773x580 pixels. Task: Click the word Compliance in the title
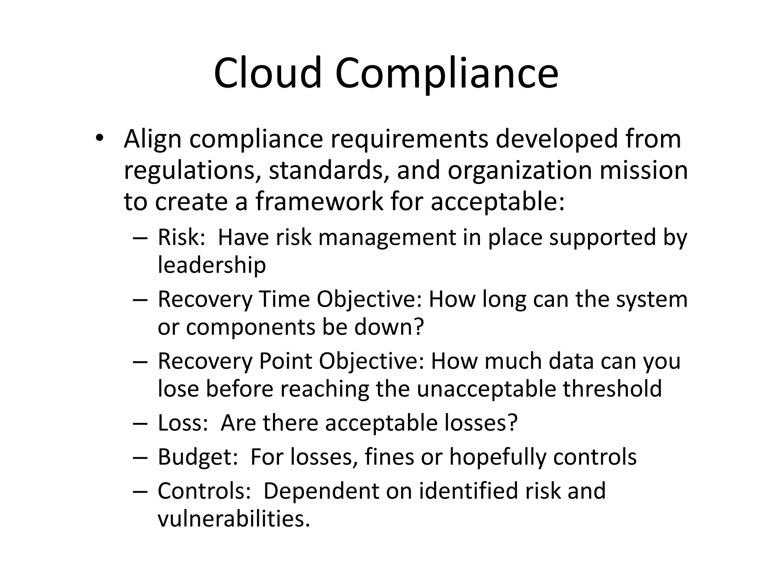point(446,74)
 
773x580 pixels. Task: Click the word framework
point(319,201)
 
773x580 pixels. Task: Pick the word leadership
point(212,265)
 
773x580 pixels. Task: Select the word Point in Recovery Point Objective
point(285,361)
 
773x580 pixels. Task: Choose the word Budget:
point(197,457)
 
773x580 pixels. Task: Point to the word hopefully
point(497,457)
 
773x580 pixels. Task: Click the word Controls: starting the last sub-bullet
point(204,491)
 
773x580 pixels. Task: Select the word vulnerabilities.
point(233,519)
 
